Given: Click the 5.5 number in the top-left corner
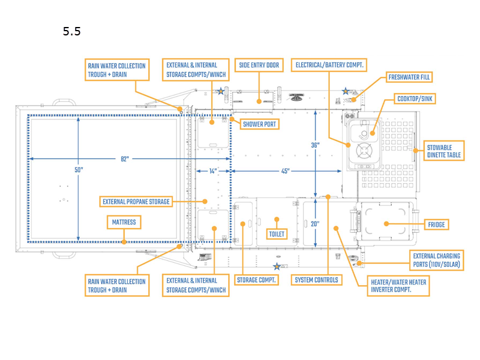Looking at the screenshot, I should click(71, 31).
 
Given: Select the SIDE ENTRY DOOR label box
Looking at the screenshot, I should click(259, 65).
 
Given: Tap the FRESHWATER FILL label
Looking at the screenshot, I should click(409, 77).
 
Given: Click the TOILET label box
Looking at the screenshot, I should click(277, 233).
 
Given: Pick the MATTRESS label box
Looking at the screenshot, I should click(124, 223).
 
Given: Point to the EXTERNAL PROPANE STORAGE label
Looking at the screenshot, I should click(136, 202).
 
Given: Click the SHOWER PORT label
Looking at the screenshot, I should click(260, 124).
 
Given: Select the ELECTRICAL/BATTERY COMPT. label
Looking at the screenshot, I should click(329, 65).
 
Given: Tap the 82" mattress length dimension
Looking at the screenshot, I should click(124, 158).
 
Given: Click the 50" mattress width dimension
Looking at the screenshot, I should click(79, 170).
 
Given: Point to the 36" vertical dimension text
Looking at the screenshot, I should click(316, 145).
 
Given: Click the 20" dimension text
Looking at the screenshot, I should click(316, 224).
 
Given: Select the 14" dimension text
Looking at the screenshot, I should click(213, 172).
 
